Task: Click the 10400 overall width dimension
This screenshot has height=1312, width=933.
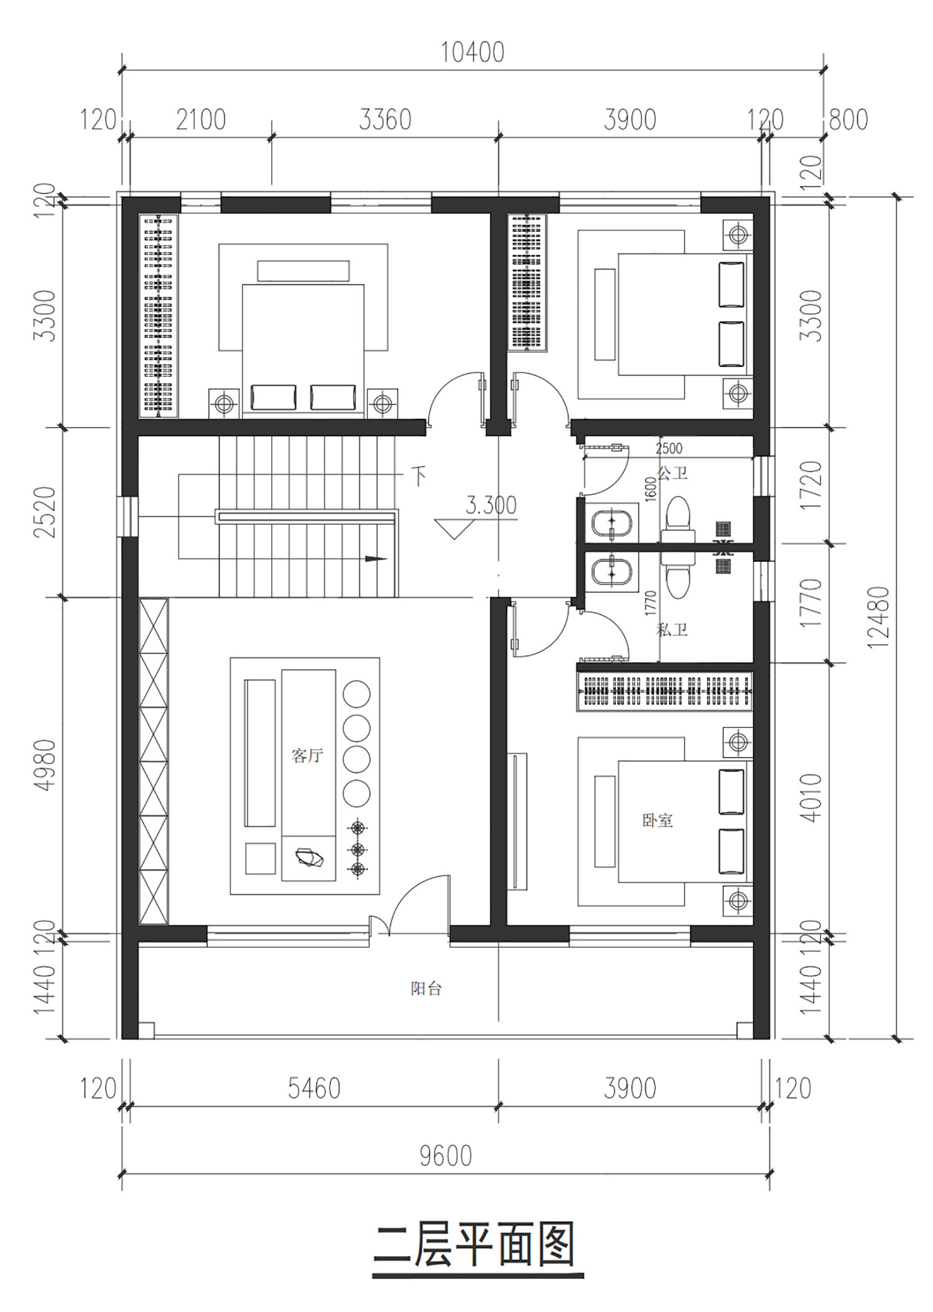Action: pyautogui.click(x=473, y=53)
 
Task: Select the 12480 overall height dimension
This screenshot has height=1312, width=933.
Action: pyautogui.click(x=879, y=618)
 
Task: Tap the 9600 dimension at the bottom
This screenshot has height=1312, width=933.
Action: pyautogui.click(x=445, y=1156)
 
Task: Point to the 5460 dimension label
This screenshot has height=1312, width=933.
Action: pyautogui.click(x=314, y=1089)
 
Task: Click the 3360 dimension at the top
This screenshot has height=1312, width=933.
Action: pyautogui.click(x=385, y=120)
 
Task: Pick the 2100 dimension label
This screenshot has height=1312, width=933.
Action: pyautogui.click(x=200, y=120)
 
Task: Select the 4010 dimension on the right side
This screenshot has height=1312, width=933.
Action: pyautogui.click(x=811, y=798)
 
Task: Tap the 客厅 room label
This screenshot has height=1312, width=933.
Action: pyautogui.click(x=307, y=756)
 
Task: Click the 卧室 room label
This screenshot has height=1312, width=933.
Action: pyautogui.click(x=658, y=820)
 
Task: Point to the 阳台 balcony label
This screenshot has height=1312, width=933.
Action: pyautogui.click(x=426, y=989)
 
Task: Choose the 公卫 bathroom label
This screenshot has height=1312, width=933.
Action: pyautogui.click(x=672, y=473)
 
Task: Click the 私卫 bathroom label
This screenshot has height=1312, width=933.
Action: pyautogui.click(x=672, y=630)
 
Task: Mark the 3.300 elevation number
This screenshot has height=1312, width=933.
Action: pyautogui.click(x=491, y=505)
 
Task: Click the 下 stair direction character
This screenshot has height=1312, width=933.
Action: pyautogui.click(x=420, y=477)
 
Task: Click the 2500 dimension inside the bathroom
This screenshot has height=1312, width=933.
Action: pyautogui.click(x=669, y=449)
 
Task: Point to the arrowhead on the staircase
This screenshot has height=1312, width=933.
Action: pyautogui.click(x=376, y=559)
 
